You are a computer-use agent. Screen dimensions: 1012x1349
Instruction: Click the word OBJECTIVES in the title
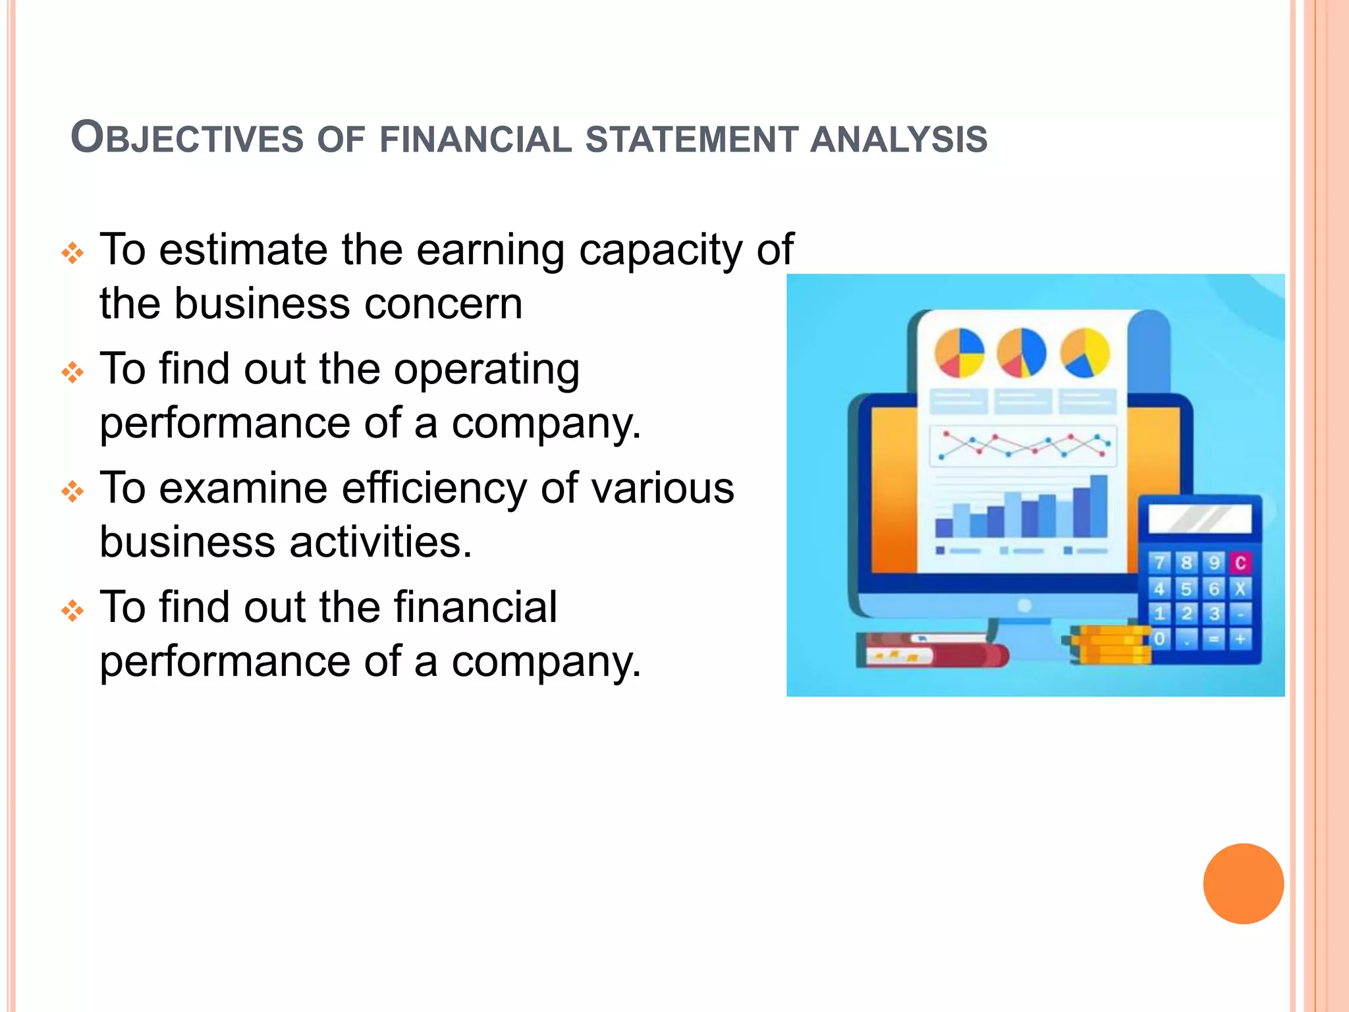coord(187,138)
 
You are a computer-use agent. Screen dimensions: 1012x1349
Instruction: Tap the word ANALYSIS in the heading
coord(898,140)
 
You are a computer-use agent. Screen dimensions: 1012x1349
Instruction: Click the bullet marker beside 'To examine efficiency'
coord(72,492)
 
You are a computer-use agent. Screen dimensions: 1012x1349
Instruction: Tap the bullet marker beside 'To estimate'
coord(72,253)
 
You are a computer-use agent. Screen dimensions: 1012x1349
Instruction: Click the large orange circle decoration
coord(1243,884)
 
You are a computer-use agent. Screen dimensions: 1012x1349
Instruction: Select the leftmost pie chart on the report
coord(959,353)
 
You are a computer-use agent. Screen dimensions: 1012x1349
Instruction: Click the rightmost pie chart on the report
coord(1085,353)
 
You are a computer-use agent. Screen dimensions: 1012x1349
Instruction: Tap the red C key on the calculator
coord(1240,563)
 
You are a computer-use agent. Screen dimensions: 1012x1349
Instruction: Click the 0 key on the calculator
coord(1160,638)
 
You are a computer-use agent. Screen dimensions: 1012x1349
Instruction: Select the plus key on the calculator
coord(1240,638)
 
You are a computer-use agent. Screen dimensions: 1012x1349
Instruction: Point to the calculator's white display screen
coord(1199,519)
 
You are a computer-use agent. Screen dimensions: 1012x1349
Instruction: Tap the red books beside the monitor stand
coord(929,650)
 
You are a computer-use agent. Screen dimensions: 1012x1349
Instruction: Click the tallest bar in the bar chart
coord(1098,506)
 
